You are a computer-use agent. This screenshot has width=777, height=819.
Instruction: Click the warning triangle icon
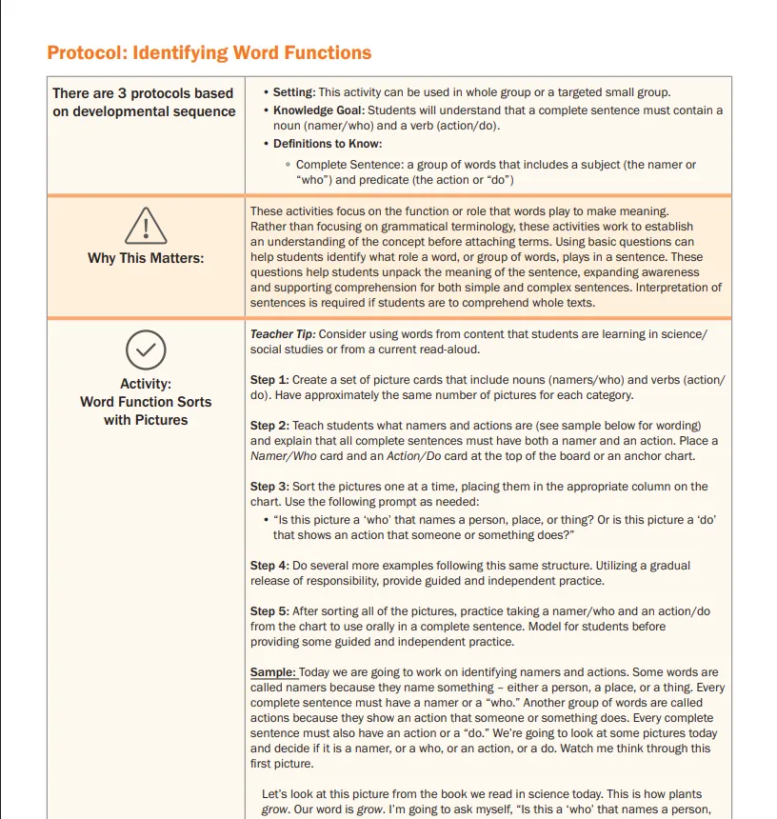click(146, 225)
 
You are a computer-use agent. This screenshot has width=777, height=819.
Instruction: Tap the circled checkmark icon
click(146, 350)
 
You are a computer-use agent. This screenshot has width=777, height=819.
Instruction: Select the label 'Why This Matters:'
click(146, 258)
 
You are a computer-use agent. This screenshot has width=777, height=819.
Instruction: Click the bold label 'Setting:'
click(294, 92)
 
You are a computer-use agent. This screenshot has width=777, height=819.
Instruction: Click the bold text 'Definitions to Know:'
click(328, 144)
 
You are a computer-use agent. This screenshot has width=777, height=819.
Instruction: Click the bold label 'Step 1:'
click(269, 380)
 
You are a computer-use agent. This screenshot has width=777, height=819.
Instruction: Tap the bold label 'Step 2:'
click(269, 426)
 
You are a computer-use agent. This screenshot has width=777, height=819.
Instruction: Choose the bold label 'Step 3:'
click(269, 487)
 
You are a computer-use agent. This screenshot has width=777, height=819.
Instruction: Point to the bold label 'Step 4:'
click(269, 566)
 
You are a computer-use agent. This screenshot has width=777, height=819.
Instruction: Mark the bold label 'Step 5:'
click(269, 611)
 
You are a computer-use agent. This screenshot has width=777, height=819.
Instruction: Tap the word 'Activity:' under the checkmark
click(146, 384)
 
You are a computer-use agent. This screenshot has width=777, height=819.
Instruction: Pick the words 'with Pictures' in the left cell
click(146, 420)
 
